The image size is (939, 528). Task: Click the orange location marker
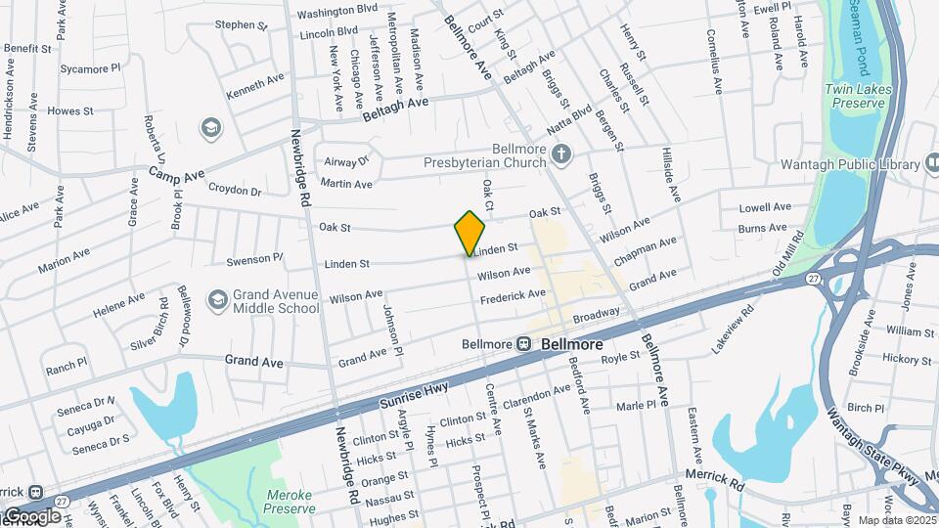[469, 233]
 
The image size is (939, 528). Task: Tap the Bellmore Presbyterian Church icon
[561, 153]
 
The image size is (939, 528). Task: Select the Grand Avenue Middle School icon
[216, 298]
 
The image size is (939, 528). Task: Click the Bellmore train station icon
[524, 344]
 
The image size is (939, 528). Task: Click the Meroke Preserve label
[291, 502]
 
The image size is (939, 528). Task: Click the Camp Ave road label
[177, 172]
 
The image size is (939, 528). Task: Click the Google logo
[32, 515]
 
